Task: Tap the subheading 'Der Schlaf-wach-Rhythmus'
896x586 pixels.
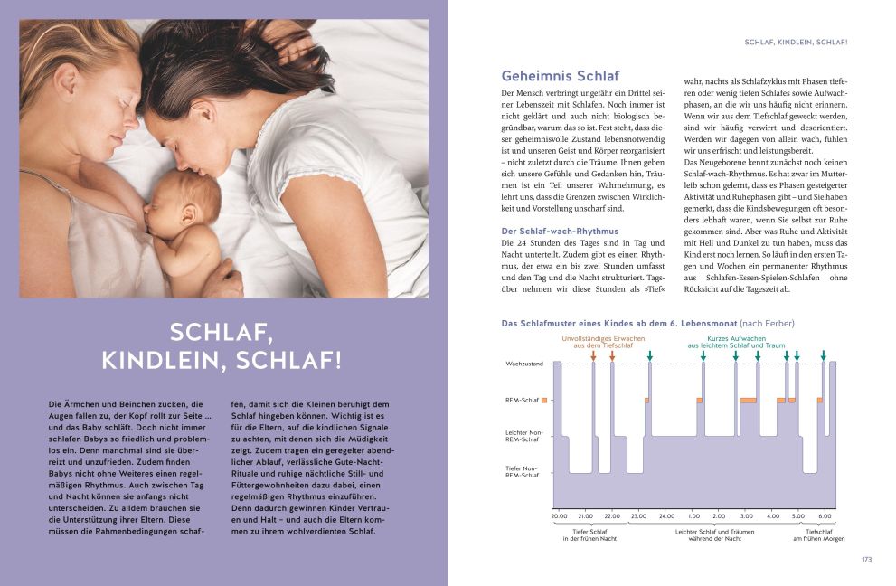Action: (x=559, y=232)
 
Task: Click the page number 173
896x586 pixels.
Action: (x=866, y=560)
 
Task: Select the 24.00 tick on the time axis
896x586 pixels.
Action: (x=666, y=515)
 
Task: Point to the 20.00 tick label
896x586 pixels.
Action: (x=560, y=515)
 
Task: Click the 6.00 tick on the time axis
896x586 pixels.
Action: (x=825, y=515)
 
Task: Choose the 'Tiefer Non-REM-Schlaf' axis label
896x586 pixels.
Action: (x=523, y=470)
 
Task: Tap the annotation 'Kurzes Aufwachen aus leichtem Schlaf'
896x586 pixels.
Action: (x=731, y=341)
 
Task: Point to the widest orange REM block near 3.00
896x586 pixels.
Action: (x=748, y=399)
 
